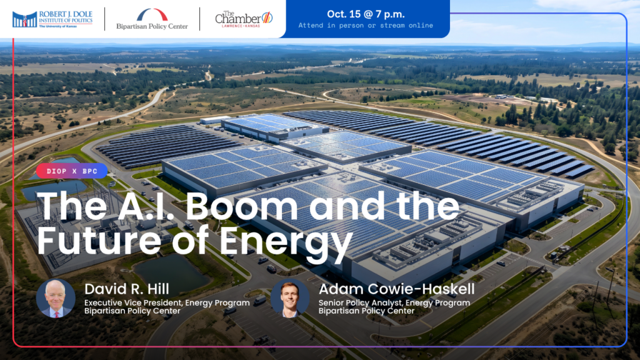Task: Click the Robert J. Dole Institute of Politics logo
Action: (x=52, y=19)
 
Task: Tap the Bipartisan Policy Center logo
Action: (x=152, y=19)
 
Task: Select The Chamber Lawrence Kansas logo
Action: (x=244, y=19)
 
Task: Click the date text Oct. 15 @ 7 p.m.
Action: (x=366, y=14)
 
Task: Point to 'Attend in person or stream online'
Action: (x=366, y=25)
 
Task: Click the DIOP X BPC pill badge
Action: (x=72, y=171)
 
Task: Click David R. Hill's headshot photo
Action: (x=56, y=298)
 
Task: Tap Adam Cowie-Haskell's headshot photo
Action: (x=290, y=298)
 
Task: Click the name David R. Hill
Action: (x=126, y=289)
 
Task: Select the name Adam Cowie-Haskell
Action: (x=396, y=289)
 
